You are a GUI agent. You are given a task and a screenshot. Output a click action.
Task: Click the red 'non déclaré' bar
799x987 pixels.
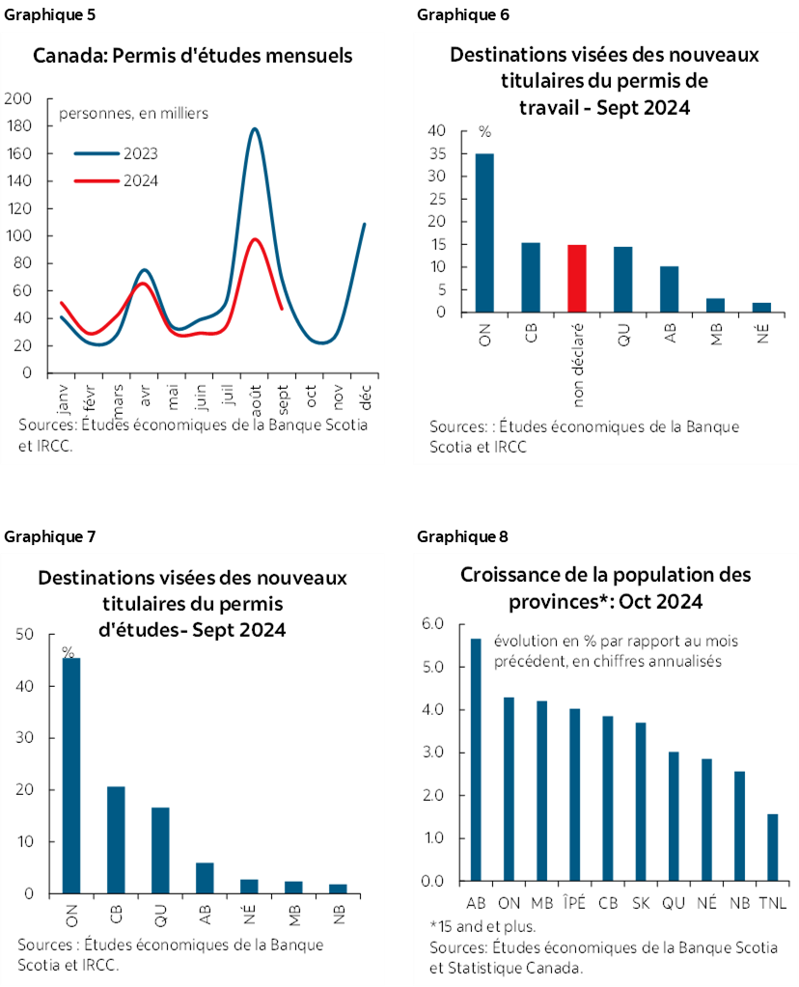click(577, 279)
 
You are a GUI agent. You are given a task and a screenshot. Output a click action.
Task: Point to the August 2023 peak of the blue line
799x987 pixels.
click(254, 129)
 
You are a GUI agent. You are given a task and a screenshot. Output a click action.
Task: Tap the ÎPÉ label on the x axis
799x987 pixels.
click(574, 903)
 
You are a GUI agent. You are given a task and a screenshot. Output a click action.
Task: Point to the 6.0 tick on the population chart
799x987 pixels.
click(432, 625)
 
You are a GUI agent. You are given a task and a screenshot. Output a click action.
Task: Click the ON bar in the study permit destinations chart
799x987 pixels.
click(71, 776)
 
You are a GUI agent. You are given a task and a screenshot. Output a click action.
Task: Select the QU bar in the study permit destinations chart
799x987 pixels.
click(160, 850)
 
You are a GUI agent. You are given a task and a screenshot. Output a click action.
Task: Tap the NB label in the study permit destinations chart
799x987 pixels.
click(338, 911)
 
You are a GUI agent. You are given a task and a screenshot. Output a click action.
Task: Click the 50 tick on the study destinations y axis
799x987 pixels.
click(25, 635)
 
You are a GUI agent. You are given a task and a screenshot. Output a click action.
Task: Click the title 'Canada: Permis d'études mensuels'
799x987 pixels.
click(193, 55)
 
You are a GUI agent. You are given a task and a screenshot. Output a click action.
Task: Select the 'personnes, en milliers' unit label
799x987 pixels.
click(134, 113)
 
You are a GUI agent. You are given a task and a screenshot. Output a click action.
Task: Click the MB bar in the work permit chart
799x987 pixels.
click(715, 305)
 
